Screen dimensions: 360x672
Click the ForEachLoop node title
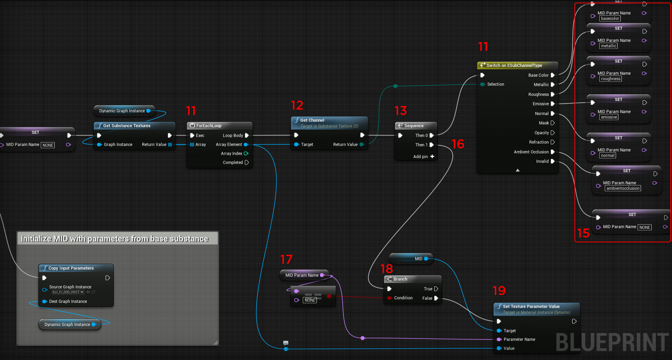(208, 126)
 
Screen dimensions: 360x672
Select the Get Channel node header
(312, 120)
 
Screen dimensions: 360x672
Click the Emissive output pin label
(541, 104)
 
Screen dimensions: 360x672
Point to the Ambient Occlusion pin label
(531, 152)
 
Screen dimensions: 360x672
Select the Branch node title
(400, 279)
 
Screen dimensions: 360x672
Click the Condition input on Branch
(403, 298)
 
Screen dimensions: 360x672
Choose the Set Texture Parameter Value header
(531, 306)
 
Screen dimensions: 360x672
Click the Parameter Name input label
(519, 339)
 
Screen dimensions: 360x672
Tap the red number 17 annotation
(286, 259)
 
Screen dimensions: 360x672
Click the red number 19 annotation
(499, 290)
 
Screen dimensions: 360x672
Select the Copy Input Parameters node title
(71, 268)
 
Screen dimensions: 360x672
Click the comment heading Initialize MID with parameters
(115, 239)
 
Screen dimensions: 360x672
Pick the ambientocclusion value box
(623, 188)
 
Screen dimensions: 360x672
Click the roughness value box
(611, 79)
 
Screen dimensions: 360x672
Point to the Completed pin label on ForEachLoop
(233, 162)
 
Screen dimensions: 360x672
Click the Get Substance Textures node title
(127, 126)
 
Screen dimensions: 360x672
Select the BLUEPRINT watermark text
(612, 342)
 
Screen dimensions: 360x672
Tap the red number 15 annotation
(583, 233)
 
